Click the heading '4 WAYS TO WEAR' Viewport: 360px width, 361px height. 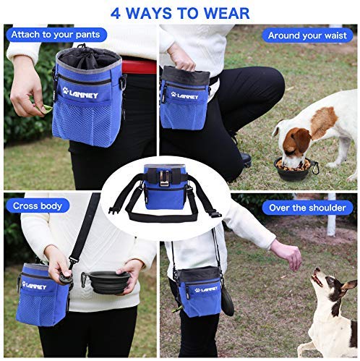click(180, 13)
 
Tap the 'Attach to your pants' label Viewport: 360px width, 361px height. click(56, 35)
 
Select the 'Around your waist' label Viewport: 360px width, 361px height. click(307, 35)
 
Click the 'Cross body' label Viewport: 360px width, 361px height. click(38, 206)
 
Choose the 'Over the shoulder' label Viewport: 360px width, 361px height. click(307, 208)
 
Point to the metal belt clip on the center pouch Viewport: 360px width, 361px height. click(164, 179)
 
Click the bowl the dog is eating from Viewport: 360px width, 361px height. click(293, 169)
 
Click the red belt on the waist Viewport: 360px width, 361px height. click(139, 67)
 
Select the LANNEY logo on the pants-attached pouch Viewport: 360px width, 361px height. click(80, 93)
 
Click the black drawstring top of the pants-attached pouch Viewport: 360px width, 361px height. click(88, 59)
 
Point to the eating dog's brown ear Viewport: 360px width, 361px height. click(301, 140)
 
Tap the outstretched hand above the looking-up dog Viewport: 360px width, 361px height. click(288, 255)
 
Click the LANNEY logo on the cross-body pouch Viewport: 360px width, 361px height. click(34, 285)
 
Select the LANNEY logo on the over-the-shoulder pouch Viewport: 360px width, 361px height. click(206, 289)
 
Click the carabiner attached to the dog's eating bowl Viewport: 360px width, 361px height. click(314, 167)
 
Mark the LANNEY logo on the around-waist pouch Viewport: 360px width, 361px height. click(184, 95)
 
